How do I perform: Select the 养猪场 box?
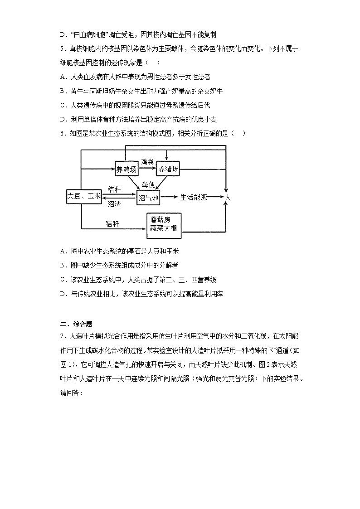tap(168, 170)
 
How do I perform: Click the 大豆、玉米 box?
tap(84, 196)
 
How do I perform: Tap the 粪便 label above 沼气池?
tap(148, 184)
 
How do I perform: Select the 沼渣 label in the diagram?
tap(114, 204)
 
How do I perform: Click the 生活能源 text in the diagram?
tap(194, 197)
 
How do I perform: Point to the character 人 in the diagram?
tap(228, 198)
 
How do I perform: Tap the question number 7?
tap(62, 336)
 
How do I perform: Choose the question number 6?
tap(62, 133)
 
